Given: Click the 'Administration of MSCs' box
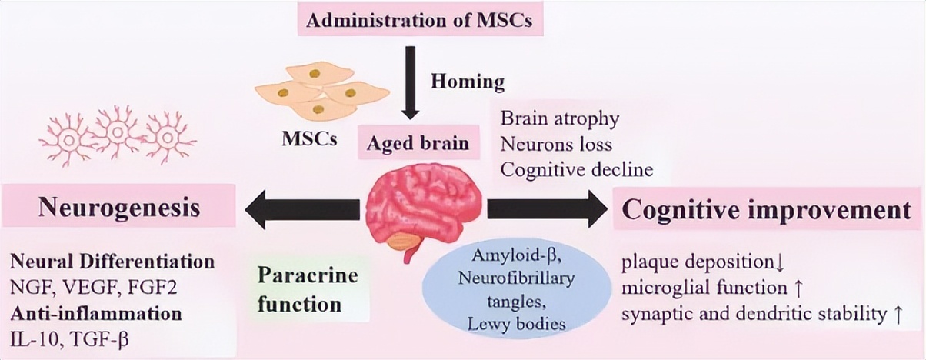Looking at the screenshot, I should pos(420,19).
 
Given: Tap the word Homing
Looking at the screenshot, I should pos(467,81).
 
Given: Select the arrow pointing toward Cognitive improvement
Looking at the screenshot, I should pos(546,208).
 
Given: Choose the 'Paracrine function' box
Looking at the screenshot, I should pos(308,289).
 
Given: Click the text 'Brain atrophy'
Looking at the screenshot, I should pos(560,119).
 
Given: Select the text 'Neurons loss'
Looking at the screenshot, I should pos(556,143).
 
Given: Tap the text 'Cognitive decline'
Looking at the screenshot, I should pos(577,168).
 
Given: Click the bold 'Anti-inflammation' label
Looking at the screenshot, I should pos(96,313).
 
